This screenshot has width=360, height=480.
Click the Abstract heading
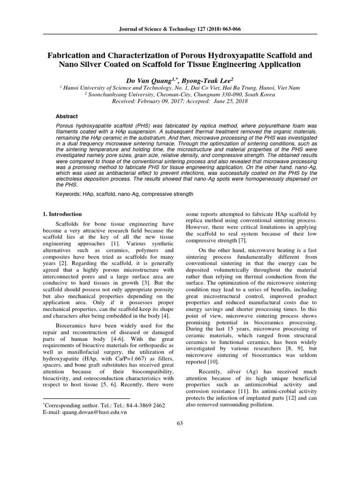click(x=67, y=116)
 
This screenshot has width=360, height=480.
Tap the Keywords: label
click(x=70, y=193)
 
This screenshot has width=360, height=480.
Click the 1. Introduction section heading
click(x=62, y=214)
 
